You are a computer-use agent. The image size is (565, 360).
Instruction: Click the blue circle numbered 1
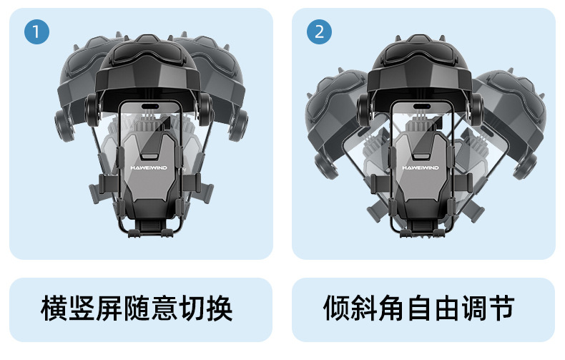click(x=36, y=31)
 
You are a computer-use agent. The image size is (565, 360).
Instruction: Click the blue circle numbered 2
click(x=319, y=31)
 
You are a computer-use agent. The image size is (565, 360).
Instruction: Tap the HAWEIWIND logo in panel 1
click(x=149, y=167)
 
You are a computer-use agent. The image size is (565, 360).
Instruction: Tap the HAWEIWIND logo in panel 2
click(x=421, y=167)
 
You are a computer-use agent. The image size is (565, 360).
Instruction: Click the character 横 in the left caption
click(x=54, y=308)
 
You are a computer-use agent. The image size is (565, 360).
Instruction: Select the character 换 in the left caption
click(x=220, y=308)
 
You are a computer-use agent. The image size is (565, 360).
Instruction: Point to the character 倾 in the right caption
click(x=337, y=308)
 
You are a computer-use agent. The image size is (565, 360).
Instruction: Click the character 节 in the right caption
click(x=502, y=308)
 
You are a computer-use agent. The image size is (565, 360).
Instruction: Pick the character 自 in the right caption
click(x=419, y=308)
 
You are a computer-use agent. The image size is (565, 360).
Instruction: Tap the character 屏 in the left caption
click(x=109, y=308)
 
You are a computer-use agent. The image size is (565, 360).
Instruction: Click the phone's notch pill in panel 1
click(x=150, y=107)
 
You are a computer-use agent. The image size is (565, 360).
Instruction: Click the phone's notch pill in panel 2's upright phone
click(x=421, y=107)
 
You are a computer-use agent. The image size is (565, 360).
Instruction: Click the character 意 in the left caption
click(x=164, y=308)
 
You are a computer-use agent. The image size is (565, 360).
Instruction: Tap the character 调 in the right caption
click(x=475, y=308)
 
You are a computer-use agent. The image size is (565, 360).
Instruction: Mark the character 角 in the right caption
click(x=392, y=308)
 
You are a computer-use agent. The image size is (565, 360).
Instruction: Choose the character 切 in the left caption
click(x=192, y=308)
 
